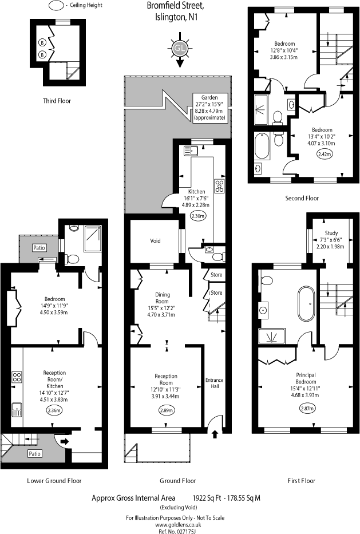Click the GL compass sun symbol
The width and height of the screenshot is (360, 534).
click(x=179, y=49)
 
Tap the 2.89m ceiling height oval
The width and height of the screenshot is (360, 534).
click(x=166, y=410)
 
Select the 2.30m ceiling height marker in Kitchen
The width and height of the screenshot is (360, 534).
click(x=197, y=216)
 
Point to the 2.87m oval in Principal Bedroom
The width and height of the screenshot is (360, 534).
click(x=307, y=408)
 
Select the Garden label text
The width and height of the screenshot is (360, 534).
click(x=209, y=97)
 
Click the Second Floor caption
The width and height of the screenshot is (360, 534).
click(x=302, y=198)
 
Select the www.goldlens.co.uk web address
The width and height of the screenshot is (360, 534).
click(x=179, y=524)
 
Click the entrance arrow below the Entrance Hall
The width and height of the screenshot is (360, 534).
click(x=215, y=434)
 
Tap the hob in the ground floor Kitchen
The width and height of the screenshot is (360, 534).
click(x=219, y=185)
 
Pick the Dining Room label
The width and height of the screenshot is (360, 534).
click(x=162, y=298)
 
